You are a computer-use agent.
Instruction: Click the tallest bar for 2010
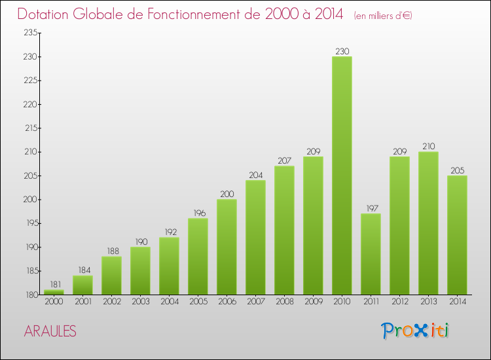click(342, 175)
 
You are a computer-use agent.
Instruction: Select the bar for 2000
click(54, 292)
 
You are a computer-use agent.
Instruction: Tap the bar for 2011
click(371, 254)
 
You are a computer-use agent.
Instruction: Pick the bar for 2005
click(198, 257)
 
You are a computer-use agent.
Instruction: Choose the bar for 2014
click(457, 235)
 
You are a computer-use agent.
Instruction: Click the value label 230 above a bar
click(342, 51)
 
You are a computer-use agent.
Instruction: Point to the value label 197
click(371, 208)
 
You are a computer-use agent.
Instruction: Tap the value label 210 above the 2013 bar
click(428, 146)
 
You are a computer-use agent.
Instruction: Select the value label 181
click(54, 284)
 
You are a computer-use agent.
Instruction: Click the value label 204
click(255, 175)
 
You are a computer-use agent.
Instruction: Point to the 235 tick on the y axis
click(30, 33)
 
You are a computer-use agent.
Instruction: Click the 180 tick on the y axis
click(30, 295)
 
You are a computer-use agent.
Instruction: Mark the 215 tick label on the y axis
click(30, 128)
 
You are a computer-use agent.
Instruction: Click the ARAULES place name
click(50, 332)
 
